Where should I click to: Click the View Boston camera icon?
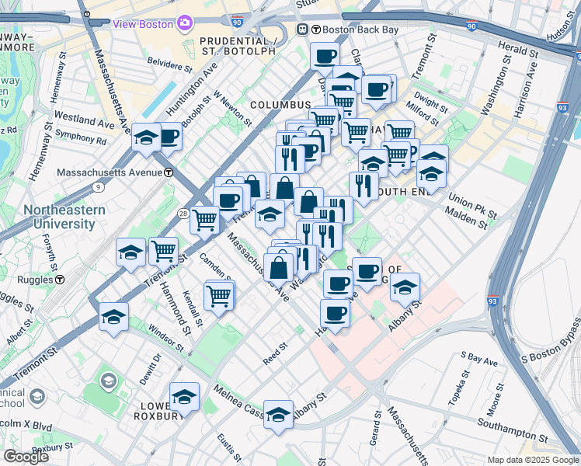pos(185,23)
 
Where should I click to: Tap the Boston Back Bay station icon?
pos(303,30)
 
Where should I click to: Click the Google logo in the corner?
pos(26,457)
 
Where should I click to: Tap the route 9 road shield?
pos(97,186)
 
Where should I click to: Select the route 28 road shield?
pos(181,213)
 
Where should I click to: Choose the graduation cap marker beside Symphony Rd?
pos(145,137)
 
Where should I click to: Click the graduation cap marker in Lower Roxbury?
pos(184,397)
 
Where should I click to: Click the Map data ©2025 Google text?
pos(532,460)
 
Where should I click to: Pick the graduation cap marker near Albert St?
pos(113,318)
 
